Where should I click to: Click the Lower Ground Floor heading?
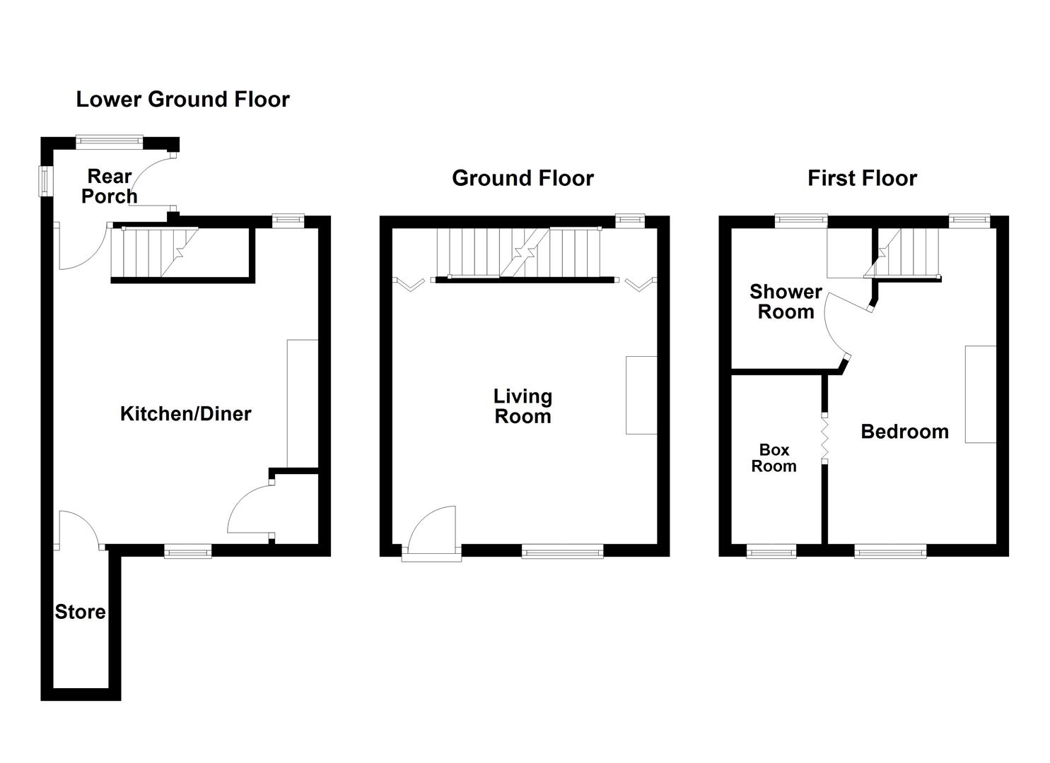(182, 100)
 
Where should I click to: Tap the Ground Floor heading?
(523, 178)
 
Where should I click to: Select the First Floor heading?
(862, 178)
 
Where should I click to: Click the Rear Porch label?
(109, 187)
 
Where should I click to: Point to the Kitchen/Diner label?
(185, 414)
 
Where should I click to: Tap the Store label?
(81, 613)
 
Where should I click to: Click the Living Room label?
(523, 406)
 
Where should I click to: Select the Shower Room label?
(786, 302)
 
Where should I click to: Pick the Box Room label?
(774, 458)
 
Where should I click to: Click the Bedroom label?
(904, 432)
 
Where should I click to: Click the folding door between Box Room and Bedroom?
(824, 438)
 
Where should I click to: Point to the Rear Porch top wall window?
(110, 141)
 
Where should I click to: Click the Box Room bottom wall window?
(771, 551)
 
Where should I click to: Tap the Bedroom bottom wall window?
(890, 551)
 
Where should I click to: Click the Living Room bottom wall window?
(563, 551)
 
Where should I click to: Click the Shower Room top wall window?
(801, 220)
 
